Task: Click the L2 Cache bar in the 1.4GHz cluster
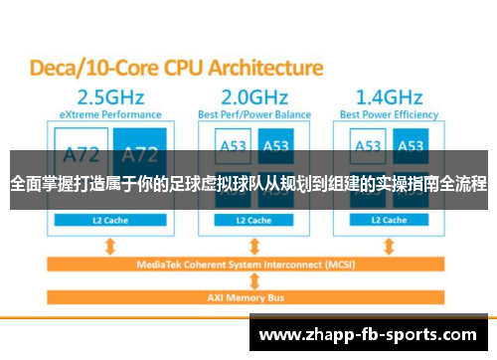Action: [x=388, y=220]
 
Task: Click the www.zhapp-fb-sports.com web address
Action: [x=372, y=335]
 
